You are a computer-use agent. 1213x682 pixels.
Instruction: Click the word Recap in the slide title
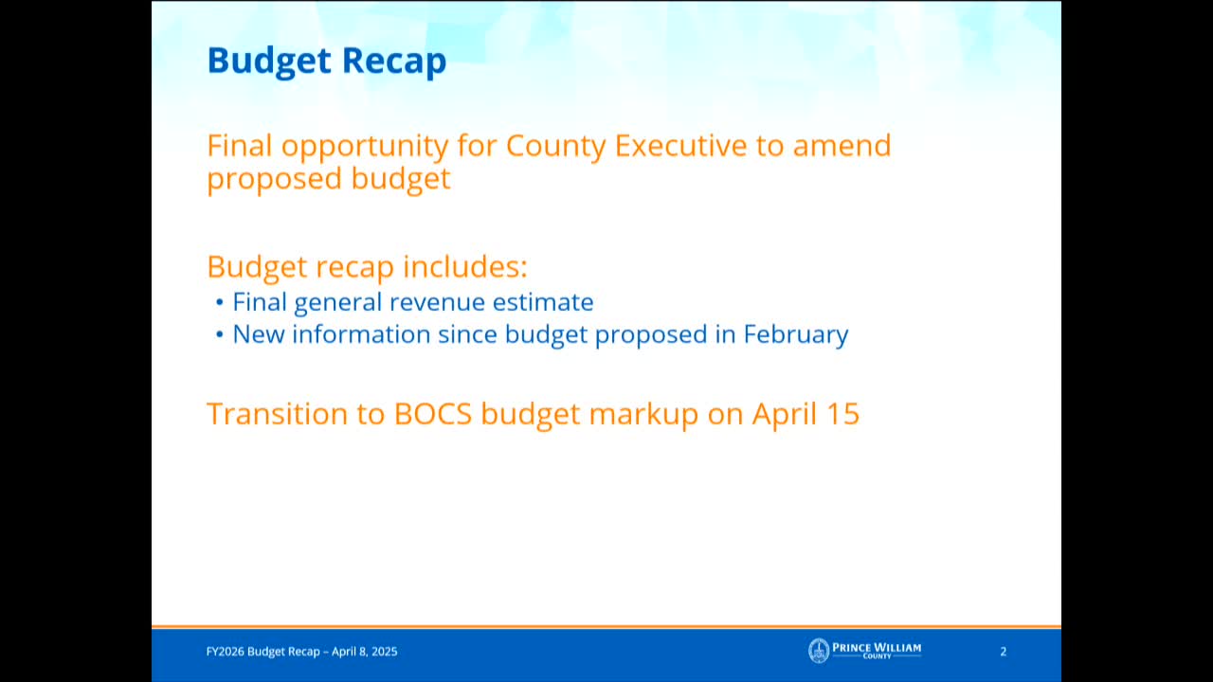(394, 61)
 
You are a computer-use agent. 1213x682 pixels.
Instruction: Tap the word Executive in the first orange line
(680, 145)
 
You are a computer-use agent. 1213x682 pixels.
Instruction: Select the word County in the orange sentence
(555, 147)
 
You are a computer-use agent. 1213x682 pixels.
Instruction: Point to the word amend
(842, 145)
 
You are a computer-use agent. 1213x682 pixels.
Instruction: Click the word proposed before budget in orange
(274, 180)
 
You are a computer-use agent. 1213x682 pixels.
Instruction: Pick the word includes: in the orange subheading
(465, 266)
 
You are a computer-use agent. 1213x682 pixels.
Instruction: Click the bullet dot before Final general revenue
(219, 302)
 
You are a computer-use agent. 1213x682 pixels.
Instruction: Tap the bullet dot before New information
(219, 334)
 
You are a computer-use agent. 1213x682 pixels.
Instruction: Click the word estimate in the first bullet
(543, 302)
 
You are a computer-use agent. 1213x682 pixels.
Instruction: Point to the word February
(795, 335)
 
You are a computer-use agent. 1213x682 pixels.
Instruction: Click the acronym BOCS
(433, 414)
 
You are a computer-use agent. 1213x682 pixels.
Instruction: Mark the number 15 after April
(842, 414)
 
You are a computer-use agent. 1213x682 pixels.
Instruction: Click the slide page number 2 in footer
(1003, 651)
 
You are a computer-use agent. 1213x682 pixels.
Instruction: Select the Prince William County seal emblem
(819, 651)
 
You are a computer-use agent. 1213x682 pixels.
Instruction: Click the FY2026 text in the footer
(225, 651)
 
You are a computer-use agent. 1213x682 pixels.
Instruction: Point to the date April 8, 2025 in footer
(365, 651)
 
